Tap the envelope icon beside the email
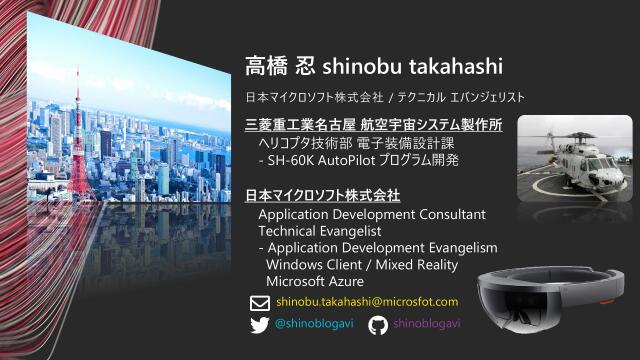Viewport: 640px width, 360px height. pyautogui.click(x=258, y=302)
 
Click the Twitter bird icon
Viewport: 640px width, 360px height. pyautogui.click(x=258, y=325)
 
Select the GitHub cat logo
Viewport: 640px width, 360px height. pyautogui.click(x=378, y=325)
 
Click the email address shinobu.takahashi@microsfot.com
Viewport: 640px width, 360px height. pyautogui.click(x=367, y=302)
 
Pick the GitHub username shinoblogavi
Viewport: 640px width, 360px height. pyautogui.click(x=428, y=325)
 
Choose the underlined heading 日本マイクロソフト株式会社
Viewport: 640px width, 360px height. pyautogui.click(x=323, y=194)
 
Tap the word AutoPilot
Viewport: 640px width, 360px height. pyautogui.click(x=355, y=160)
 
